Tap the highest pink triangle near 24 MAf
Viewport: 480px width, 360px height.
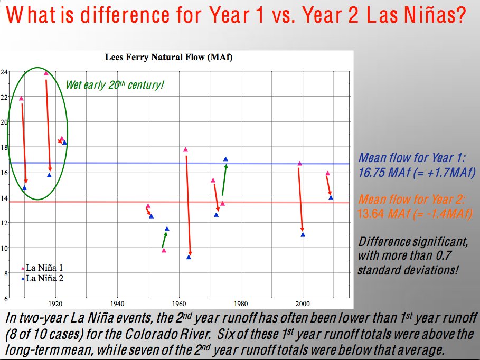(x=46, y=73)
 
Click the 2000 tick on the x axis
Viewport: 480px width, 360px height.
(x=303, y=304)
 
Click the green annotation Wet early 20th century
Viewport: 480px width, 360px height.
(x=115, y=84)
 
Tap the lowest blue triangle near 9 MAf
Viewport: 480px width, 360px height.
(x=189, y=257)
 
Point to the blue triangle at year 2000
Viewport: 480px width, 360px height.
(x=303, y=234)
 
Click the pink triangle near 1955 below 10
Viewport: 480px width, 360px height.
(x=164, y=251)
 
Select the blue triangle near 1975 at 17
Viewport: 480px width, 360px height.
(x=225, y=159)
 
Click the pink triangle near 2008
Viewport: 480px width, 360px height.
(x=327, y=173)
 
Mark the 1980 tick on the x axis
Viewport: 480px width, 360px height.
(x=241, y=304)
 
